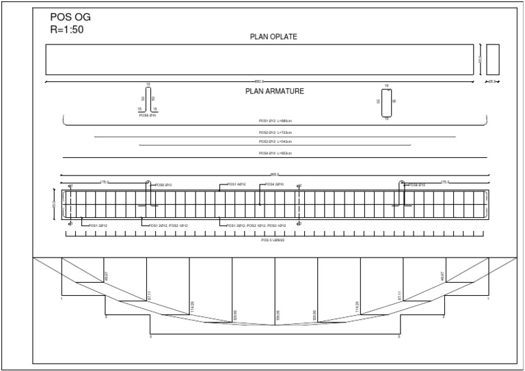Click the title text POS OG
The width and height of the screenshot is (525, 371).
coord(71,18)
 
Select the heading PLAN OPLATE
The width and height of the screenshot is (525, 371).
coord(275,38)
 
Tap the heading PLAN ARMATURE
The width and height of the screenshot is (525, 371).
coord(275,90)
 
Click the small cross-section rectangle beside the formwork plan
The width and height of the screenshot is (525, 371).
coord(493,59)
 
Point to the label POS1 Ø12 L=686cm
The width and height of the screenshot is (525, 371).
coord(275,120)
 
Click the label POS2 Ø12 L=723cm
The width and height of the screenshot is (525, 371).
coord(275,133)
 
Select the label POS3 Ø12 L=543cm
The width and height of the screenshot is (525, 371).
coord(275,141)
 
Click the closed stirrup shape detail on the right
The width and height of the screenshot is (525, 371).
coord(386,102)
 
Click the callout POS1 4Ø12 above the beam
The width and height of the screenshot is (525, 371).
coord(237,184)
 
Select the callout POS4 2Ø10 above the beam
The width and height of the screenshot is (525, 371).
coord(274,184)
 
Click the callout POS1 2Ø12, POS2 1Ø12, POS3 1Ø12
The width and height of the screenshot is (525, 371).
coord(252,225)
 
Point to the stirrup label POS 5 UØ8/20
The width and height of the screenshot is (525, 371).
coord(275,240)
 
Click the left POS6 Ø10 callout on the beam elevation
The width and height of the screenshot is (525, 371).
coord(163,185)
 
